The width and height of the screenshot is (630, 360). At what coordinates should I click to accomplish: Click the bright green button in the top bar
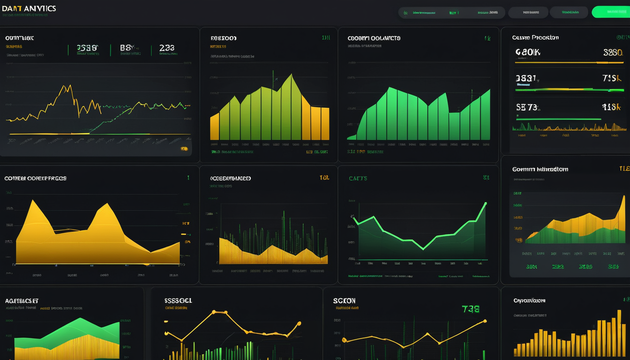pos(610,12)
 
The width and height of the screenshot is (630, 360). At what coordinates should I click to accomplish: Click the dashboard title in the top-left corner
pos(29,9)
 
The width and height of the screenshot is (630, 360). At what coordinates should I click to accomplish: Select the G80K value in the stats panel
pos(528,52)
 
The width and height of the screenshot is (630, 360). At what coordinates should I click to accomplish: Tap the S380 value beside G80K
pos(613,52)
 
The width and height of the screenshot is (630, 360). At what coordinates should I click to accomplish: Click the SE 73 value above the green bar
pos(527,107)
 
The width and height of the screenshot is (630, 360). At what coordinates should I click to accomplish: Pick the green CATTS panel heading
pos(358,179)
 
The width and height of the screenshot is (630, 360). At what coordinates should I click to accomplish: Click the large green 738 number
pos(471,309)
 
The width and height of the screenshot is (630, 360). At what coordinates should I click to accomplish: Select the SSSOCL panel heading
pos(178,300)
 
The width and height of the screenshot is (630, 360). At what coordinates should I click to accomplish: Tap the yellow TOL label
pos(324,178)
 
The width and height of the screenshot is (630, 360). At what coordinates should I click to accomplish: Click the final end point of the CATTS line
pos(485,203)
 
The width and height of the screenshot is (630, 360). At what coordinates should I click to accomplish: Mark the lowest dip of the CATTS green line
pos(423,248)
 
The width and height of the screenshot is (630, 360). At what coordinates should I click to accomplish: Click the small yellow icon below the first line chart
pos(184,149)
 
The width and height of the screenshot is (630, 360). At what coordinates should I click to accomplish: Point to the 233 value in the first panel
pos(166,48)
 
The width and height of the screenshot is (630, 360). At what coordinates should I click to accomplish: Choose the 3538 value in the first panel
pos(87,48)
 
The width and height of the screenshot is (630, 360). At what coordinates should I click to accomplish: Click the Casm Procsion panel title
pos(535,37)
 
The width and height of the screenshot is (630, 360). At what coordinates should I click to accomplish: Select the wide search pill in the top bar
pos(451,13)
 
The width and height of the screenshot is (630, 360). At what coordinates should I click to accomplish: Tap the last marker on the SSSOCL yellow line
pos(299,323)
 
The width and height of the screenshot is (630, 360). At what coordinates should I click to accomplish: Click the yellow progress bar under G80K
pos(569,62)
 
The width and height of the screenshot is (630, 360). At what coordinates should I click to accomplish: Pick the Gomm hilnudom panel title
pos(540,169)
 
